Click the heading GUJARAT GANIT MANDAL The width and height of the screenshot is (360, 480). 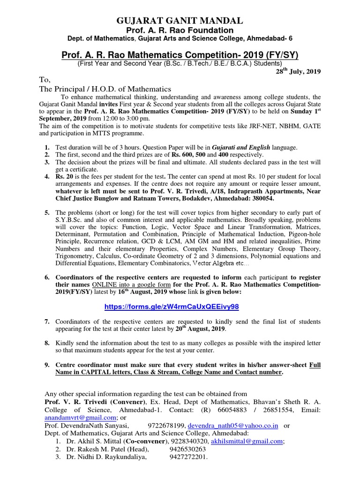pyautogui.click(x=180, y=20)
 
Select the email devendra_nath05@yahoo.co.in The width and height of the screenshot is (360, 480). pyautogui.click(x=232, y=426)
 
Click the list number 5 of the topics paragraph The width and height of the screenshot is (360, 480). pyautogui.click(x=47, y=213)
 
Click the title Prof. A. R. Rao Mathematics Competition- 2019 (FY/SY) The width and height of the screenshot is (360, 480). pyautogui.click(x=180, y=55)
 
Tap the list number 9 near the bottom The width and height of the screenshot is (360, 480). pyautogui.click(x=47, y=365)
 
